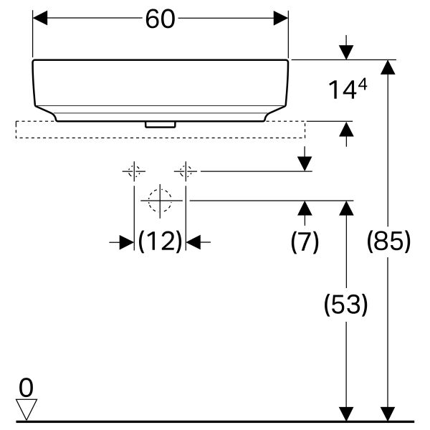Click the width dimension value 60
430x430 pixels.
coord(160,19)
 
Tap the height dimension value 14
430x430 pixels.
coord(342,90)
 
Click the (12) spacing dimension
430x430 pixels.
coord(160,242)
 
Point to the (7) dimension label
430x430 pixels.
coord(305,242)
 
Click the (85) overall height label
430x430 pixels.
coord(388,242)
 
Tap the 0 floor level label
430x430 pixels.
coord(27,388)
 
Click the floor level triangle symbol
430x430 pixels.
coord(27,409)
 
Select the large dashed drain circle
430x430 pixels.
coord(161,201)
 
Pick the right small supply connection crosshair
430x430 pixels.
coord(186,172)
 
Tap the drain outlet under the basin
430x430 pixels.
coord(160,124)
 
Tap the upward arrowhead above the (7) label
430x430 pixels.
coord(305,209)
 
